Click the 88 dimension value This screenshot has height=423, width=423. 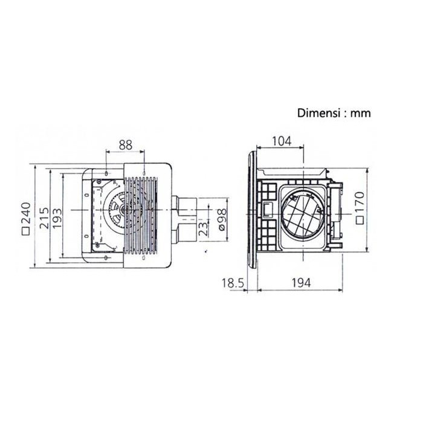(125, 145)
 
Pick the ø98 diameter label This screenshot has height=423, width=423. (221, 222)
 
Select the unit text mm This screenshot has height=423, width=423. (361, 113)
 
